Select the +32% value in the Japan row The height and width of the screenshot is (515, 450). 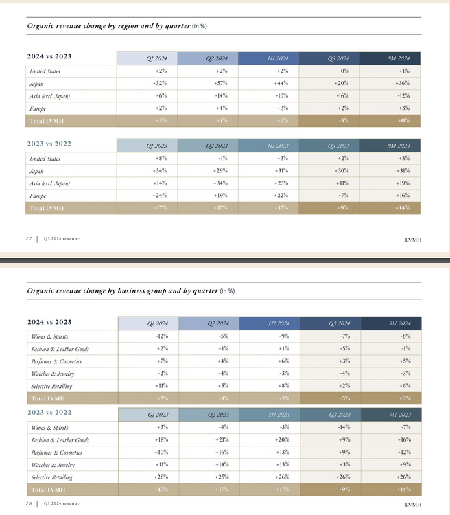(x=161, y=83)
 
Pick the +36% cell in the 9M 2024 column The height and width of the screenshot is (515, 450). (x=403, y=83)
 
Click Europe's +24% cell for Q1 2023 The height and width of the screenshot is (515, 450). (x=161, y=196)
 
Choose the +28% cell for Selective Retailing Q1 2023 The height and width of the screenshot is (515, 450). (x=161, y=477)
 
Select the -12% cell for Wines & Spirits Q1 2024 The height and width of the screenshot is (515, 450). (x=161, y=336)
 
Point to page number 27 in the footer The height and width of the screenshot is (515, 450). (x=29, y=238)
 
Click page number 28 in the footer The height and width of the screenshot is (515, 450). (x=29, y=504)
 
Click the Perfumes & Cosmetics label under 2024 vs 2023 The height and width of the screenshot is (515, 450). (x=56, y=361)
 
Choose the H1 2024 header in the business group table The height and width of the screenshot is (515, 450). (x=279, y=323)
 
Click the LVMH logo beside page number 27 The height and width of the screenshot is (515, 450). (x=414, y=238)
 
